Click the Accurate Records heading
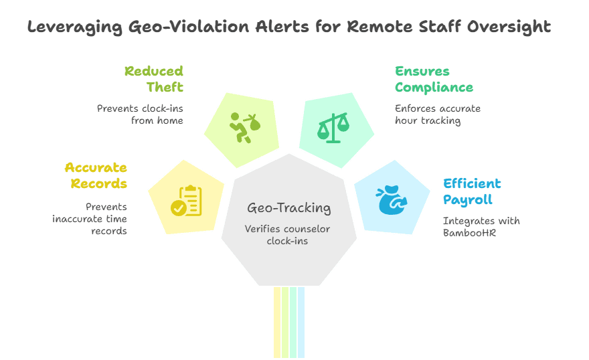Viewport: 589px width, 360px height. tap(96, 175)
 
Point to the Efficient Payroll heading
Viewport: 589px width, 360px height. tap(472, 191)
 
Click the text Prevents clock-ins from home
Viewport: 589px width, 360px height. tap(140, 114)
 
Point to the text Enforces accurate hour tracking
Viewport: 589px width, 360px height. tap(438, 114)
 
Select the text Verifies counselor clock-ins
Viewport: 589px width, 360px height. tap(287, 235)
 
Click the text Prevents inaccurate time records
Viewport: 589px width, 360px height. tap(90, 219)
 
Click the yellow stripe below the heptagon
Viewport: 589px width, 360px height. tap(277, 321)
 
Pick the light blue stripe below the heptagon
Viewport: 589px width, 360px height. tap(302, 321)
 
